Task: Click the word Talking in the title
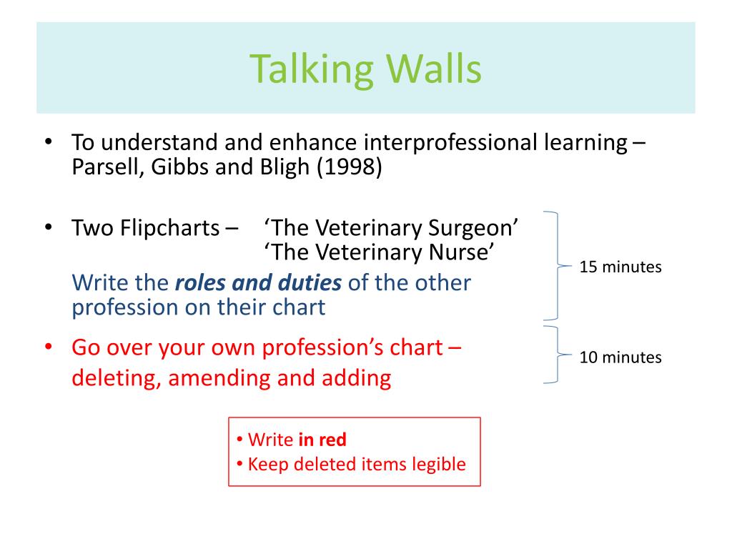click(312, 69)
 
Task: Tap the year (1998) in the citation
click(349, 167)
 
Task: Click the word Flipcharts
click(170, 228)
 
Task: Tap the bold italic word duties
click(310, 283)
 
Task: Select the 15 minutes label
click(620, 267)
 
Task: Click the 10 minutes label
click(620, 357)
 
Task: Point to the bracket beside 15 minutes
click(558, 266)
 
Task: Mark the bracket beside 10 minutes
click(558, 355)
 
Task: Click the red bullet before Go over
click(49, 348)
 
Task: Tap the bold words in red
click(322, 440)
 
